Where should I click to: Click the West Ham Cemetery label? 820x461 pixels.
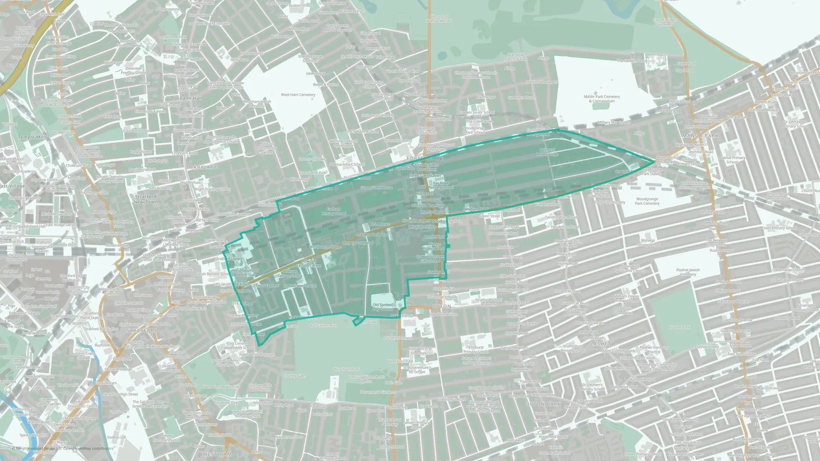pos(298,95)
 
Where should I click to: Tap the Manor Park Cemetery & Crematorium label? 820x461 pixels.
pos(601,99)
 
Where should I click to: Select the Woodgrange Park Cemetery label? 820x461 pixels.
pos(647,201)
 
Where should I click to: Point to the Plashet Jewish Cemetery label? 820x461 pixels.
pos(688,272)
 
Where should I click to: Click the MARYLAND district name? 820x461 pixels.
pos(203,167)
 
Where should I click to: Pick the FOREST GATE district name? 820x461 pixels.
pos(425,158)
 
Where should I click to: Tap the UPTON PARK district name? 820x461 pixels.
pos(543,404)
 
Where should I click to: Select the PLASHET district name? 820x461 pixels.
pos(599,344)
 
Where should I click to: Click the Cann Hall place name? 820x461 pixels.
pos(191,98)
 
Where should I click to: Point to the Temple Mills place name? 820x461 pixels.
pos(32,137)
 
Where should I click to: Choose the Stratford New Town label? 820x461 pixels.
pos(146,199)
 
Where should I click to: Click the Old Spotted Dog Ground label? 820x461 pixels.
pos(383,307)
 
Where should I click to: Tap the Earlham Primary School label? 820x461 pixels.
pos(334,211)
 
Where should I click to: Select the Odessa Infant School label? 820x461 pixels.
pos(347,164)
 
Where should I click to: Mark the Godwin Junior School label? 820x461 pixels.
pos(477,112)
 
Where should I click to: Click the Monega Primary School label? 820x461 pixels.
pos(648,243)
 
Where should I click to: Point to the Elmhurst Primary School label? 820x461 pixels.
pos(476,349)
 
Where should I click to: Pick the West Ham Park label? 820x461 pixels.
pos(346,369)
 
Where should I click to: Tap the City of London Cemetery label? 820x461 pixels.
pos(665,22)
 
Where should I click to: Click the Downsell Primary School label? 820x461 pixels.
pos(133,70)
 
